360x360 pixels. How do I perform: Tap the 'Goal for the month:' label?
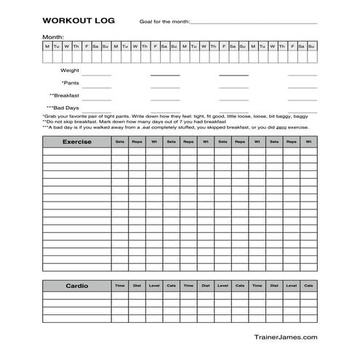coord(164,23)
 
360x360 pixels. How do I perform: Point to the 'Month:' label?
coord(53,37)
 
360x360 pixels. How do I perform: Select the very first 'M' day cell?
coord(47,47)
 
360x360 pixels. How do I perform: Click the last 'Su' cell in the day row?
coord(311,47)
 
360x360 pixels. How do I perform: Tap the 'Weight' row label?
coord(69,71)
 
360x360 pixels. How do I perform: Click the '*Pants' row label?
coord(71,83)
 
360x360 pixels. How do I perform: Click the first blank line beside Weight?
coord(97,74)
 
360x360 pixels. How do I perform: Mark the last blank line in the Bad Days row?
coord(302,111)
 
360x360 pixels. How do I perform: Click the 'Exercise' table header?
coord(76,142)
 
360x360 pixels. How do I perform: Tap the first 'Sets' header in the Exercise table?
coord(119,142)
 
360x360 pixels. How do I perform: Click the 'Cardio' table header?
coord(76,285)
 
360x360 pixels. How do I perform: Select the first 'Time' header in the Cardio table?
coord(119,285)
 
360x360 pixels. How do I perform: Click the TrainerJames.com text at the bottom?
coord(285,336)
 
